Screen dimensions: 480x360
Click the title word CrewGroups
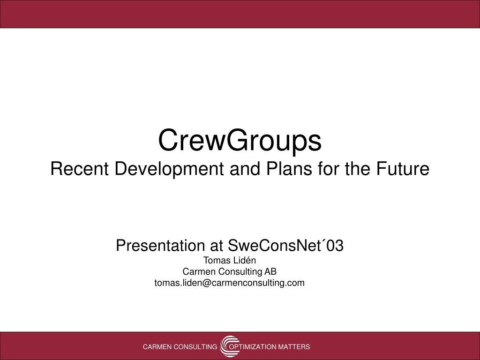[x=240, y=141]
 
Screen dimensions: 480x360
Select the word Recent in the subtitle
[x=80, y=169]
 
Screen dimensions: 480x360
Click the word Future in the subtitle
[x=403, y=169]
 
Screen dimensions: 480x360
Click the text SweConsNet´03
[x=286, y=245]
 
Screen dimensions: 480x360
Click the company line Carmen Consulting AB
[x=230, y=271]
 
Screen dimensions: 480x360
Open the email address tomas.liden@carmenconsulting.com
[x=230, y=283]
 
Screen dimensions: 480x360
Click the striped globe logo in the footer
[x=229, y=346]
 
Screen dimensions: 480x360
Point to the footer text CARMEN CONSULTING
[x=180, y=347]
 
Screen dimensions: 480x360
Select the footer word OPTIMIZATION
[x=253, y=347]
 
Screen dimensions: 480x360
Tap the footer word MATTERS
[x=294, y=347]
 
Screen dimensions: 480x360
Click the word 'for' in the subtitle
[x=329, y=169]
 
